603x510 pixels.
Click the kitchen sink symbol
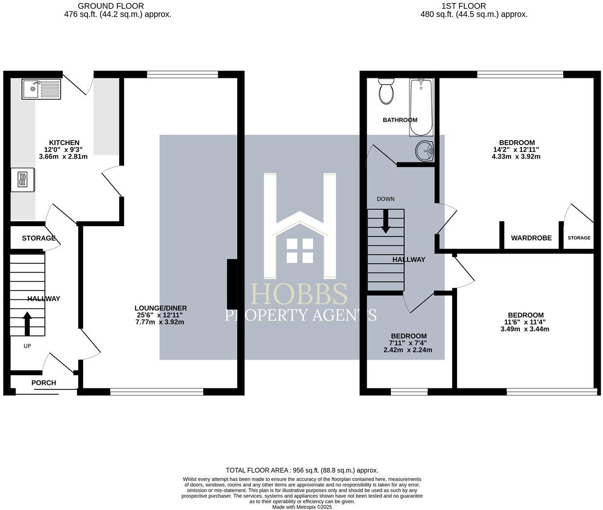41,89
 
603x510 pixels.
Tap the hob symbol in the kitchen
23,180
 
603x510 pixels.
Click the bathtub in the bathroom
421,108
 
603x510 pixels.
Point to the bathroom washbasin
425,151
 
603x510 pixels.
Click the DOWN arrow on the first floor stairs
386,221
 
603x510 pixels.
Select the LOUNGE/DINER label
160,308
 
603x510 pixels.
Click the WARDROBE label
531,238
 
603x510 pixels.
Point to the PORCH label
44,383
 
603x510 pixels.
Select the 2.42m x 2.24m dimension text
408,350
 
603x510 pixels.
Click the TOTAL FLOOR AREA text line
301,470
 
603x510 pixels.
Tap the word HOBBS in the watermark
299,295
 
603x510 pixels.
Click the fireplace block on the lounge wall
232,284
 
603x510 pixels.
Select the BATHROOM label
400,120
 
